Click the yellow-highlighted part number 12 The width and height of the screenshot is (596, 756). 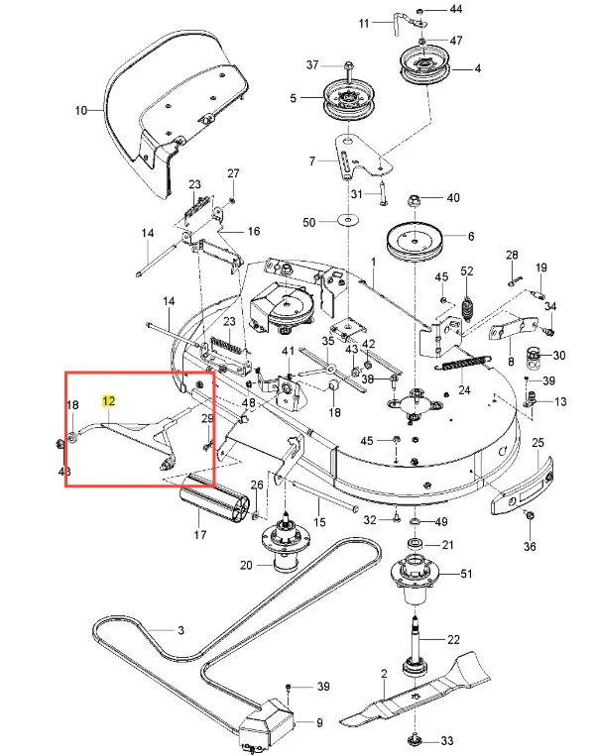coord(109,401)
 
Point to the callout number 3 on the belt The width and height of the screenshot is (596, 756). coord(181,630)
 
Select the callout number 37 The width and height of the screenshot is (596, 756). coord(313,64)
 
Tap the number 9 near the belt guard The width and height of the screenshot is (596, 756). coord(319,723)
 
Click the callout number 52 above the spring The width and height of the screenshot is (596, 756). coord(467,271)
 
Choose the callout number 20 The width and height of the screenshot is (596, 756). coord(245,566)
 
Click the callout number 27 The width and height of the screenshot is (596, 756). coord(234,174)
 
